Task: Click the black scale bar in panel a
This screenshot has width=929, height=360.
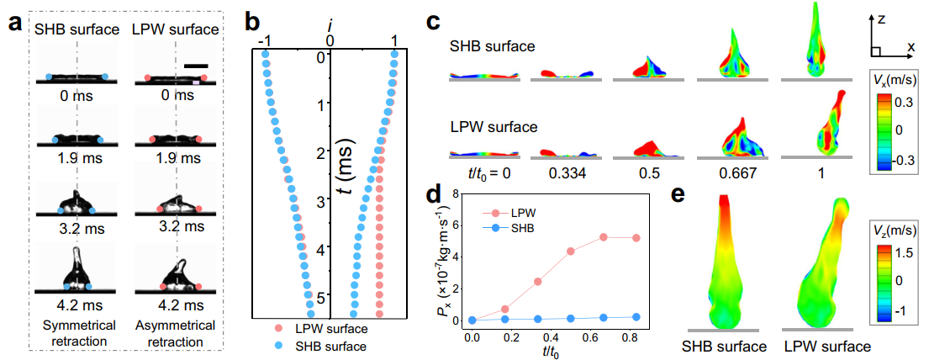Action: pyautogui.click(x=197, y=65)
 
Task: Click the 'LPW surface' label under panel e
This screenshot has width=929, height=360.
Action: pyautogui.click(x=823, y=345)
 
